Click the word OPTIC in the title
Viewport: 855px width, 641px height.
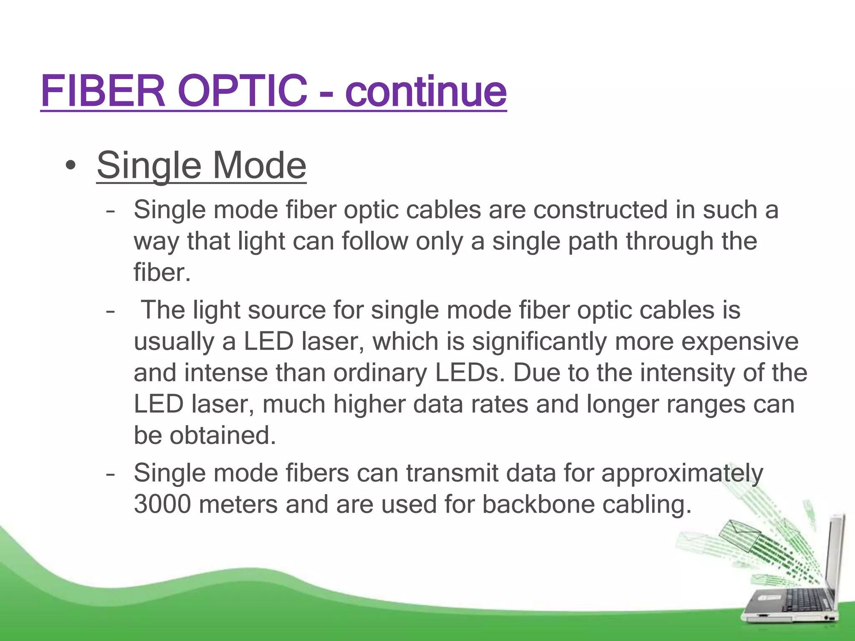tap(242, 91)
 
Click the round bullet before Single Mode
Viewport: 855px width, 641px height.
tap(71, 166)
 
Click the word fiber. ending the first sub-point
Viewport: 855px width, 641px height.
tap(162, 273)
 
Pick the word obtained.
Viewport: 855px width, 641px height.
tap(223, 435)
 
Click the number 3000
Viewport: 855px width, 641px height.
tap(162, 504)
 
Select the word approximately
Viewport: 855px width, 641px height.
tap(682, 473)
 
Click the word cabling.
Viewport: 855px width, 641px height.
tap(647, 504)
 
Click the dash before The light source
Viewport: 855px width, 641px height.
tap(110, 311)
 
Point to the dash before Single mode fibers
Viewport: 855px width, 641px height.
tap(110, 474)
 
